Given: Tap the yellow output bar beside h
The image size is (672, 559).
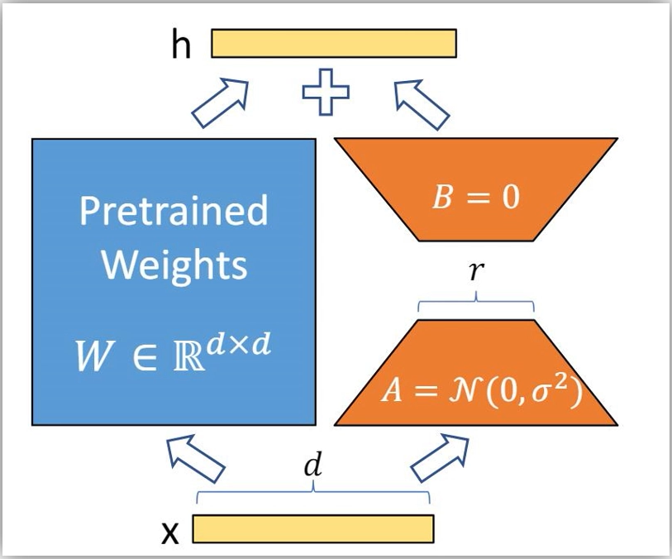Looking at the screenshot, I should (334, 44).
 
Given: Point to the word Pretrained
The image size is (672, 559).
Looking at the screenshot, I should (174, 211).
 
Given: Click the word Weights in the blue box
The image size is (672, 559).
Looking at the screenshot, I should (174, 265).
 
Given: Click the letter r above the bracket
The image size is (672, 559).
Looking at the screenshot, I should (474, 273).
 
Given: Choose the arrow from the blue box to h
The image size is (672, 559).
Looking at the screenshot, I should (219, 103).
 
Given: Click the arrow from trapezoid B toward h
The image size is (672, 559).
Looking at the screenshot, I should (421, 103).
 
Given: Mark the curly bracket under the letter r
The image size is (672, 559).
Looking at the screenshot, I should (476, 307).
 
